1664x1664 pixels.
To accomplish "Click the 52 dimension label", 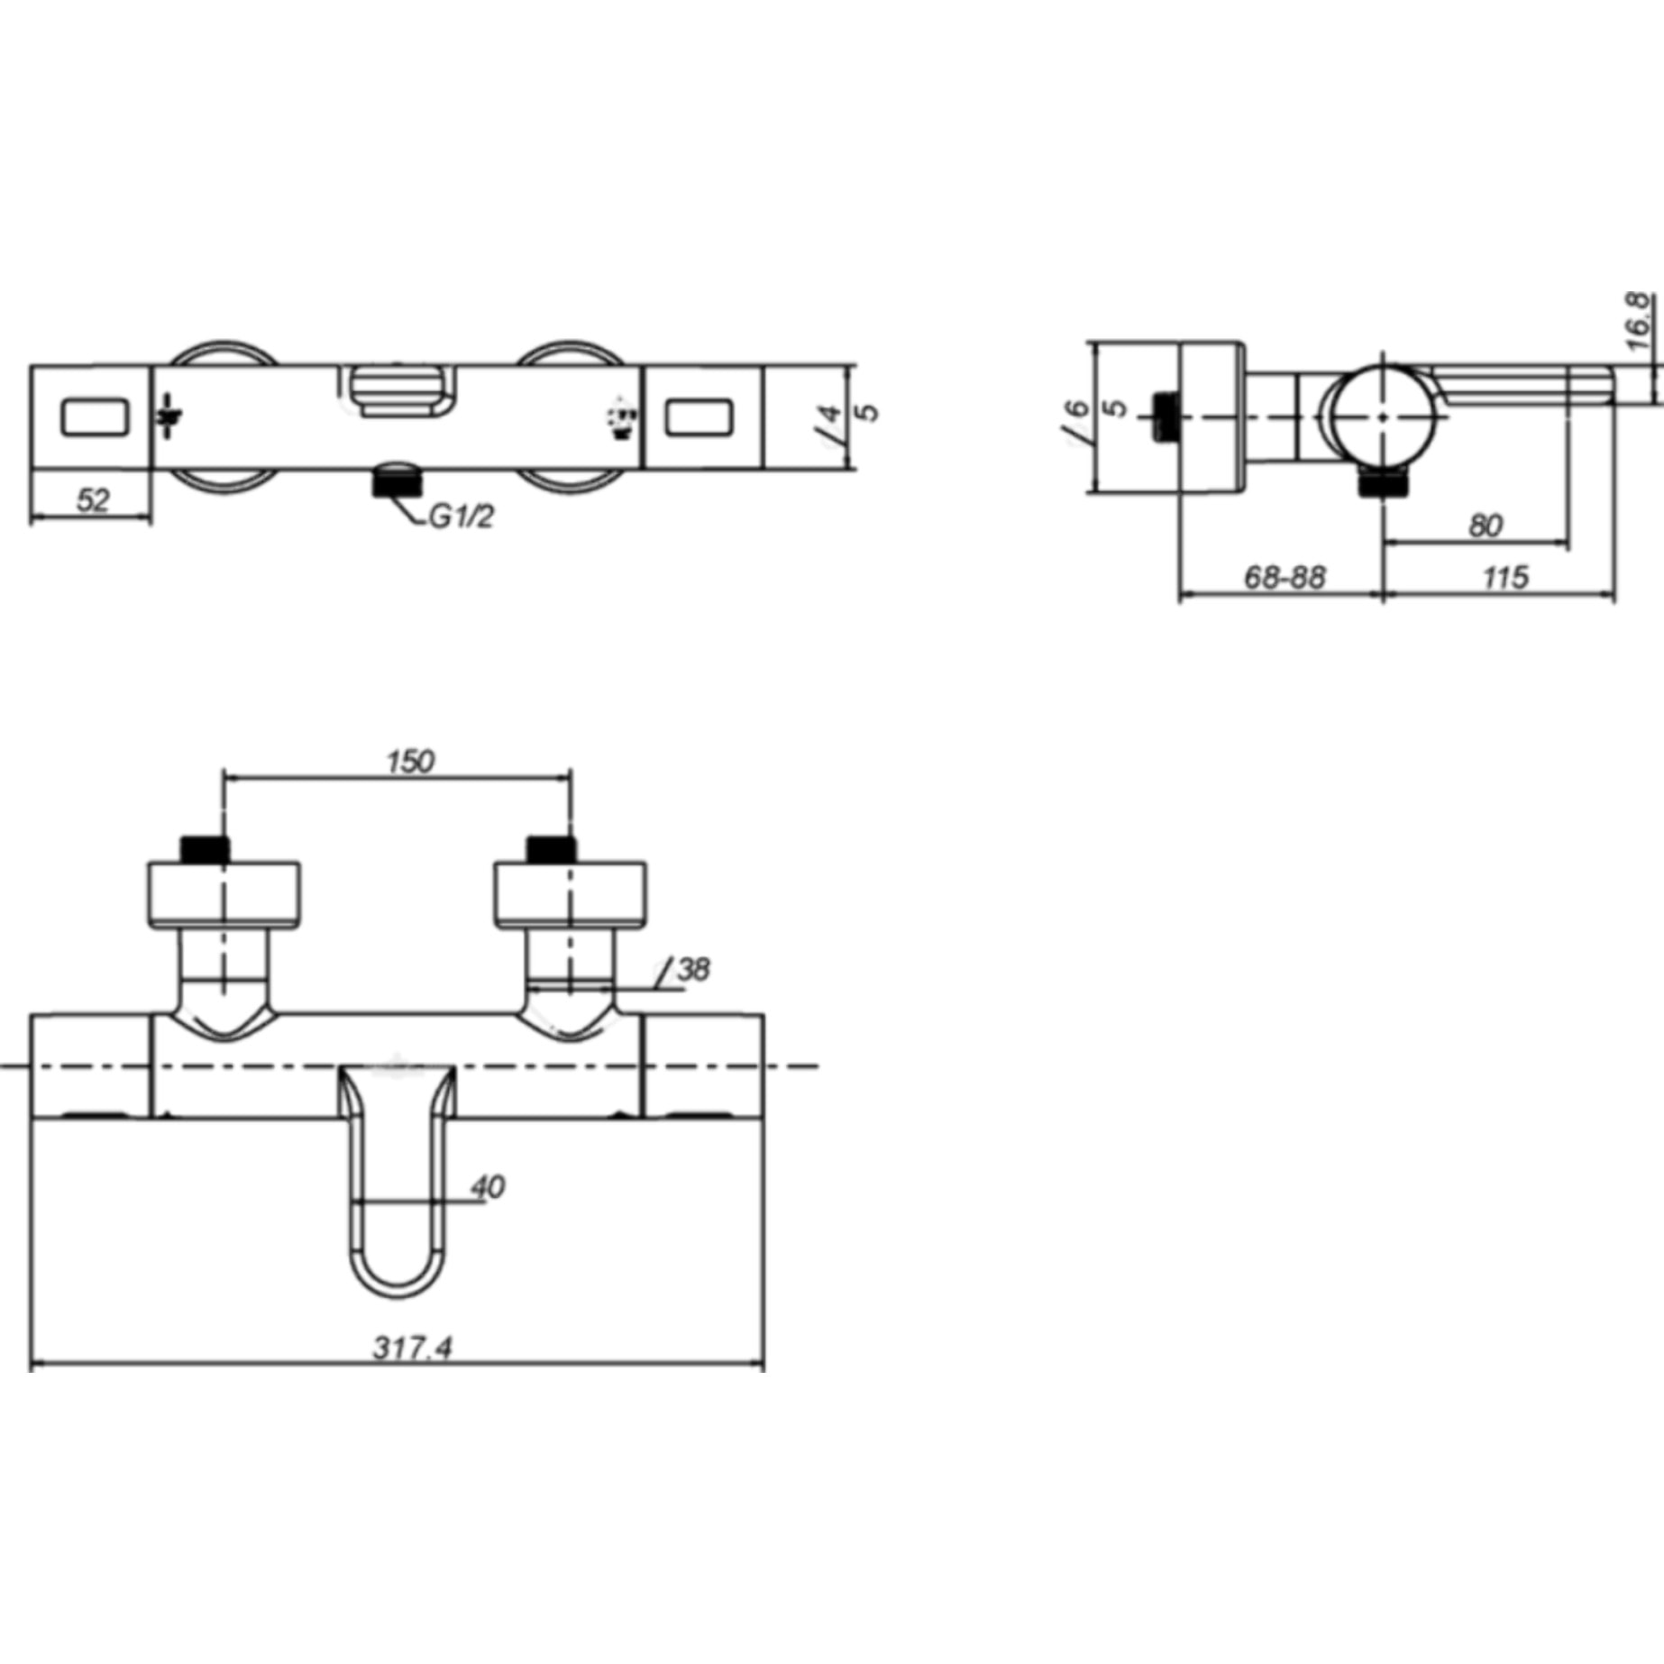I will tap(92, 500).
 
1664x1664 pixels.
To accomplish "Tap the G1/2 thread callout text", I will tap(461, 517).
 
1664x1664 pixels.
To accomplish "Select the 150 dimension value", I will tap(410, 762).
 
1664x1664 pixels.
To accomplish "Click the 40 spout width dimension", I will tap(487, 1187).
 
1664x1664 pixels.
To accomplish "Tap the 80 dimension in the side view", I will tap(1485, 525).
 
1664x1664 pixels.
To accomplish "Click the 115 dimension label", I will tap(1505, 577).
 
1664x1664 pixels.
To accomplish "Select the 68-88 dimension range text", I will tap(1285, 577).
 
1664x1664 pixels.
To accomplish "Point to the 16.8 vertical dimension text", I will tap(1640, 322).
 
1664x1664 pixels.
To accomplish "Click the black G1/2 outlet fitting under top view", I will tap(398, 480).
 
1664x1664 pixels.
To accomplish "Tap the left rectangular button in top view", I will tap(95, 418).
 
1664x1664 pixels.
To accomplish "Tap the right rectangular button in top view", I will tap(701, 418).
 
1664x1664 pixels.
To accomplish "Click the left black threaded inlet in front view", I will tap(206, 849).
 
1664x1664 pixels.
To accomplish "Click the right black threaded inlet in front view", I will tap(551, 849).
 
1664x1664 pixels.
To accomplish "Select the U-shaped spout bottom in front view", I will tap(398, 1285).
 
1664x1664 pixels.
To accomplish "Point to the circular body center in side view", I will tap(1384, 417).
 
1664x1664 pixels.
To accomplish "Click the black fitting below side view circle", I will tap(1383, 484).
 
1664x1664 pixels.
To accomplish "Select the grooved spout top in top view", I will tap(398, 389).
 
